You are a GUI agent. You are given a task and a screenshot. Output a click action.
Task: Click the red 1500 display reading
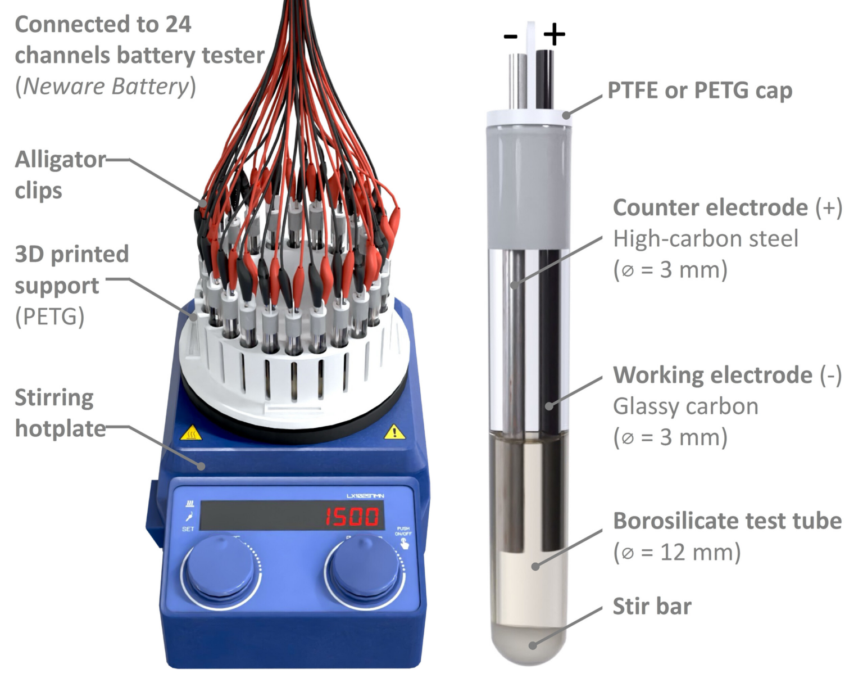point(352,517)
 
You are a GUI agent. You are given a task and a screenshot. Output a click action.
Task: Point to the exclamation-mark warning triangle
point(395,432)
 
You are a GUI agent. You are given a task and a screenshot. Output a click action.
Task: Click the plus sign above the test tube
point(554,35)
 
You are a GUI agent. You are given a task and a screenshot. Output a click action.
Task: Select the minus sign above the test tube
point(510,37)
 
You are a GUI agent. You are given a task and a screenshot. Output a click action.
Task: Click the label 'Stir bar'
point(652,607)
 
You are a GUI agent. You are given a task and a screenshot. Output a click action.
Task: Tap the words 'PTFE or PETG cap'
point(700,91)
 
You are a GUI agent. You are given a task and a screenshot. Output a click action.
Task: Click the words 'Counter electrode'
point(710,208)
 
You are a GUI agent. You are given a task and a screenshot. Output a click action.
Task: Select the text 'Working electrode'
point(712,376)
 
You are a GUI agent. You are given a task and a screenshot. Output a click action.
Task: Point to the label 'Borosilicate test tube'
point(727,521)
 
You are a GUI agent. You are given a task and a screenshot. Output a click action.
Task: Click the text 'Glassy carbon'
point(685,406)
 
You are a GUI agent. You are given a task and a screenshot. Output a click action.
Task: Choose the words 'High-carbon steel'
point(705,239)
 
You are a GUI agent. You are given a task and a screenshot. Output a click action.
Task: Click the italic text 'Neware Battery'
point(105,87)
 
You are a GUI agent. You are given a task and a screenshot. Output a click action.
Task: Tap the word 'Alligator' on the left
point(60,160)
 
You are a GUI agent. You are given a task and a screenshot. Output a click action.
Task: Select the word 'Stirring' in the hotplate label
point(54,398)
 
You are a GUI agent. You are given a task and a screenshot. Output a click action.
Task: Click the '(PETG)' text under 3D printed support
point(49,317)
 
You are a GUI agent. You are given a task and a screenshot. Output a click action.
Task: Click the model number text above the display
point(370,496)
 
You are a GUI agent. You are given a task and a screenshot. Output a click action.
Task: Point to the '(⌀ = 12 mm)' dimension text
point(676,553)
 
